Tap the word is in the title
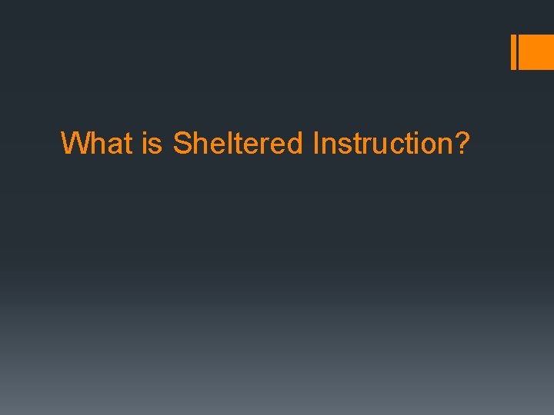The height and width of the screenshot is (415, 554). [152, 143]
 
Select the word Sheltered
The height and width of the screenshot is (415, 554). [239, 143]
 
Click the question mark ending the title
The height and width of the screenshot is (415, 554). [462, 143]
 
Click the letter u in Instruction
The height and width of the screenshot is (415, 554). [381, 143]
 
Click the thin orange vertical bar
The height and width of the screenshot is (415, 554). [513, 52]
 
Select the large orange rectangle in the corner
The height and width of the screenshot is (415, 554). [537, 52]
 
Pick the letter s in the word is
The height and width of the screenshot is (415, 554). [156, 144]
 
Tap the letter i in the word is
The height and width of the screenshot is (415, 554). [145, 143]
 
